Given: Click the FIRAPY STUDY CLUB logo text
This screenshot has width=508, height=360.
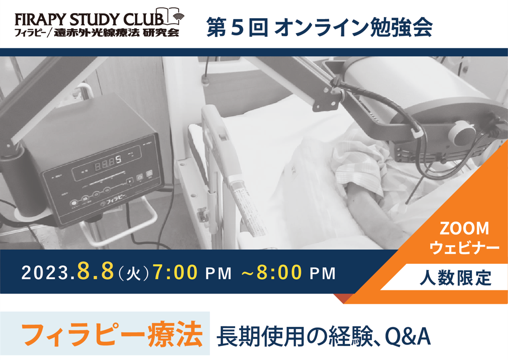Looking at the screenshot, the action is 89,20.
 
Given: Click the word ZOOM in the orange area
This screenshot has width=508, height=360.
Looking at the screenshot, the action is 464,229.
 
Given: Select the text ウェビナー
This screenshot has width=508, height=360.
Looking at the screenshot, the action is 464,248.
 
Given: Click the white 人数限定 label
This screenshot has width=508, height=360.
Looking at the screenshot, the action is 456,278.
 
